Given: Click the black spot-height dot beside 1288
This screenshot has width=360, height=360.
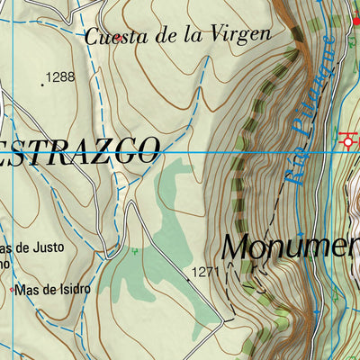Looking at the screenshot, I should pos(42,85).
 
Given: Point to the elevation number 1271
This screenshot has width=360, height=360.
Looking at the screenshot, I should pos(205,271).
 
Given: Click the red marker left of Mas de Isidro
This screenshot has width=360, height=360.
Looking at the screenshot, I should pos(11,290).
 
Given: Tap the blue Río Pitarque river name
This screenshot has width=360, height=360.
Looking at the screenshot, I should pos(310,112).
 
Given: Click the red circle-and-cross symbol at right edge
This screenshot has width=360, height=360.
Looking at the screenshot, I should pos(349,140).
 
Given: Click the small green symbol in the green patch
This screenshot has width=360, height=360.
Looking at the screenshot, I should pos(135,251).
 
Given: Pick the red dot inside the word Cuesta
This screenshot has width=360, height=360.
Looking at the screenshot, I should pos(118,39).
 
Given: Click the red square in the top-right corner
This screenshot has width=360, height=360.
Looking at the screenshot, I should pos(355,19).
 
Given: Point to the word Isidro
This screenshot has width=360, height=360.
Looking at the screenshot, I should pos(72,289).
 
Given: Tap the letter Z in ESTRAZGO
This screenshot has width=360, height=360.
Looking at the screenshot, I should pos(90,151).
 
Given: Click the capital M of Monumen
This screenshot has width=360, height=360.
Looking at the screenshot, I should pos(237,246).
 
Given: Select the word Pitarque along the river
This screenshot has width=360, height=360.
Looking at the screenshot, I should pos(317,90).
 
